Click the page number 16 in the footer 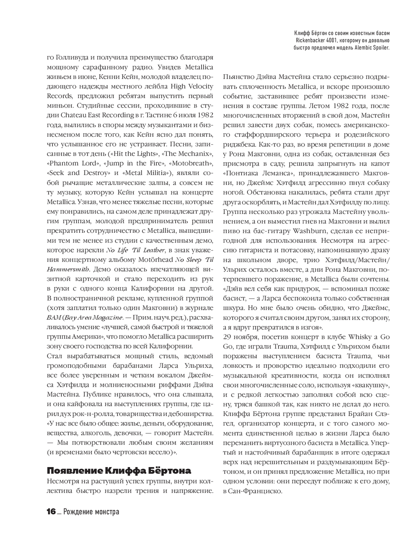coord(51,512)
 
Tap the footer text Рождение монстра coord(91,512)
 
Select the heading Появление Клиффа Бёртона coord(119,469)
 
